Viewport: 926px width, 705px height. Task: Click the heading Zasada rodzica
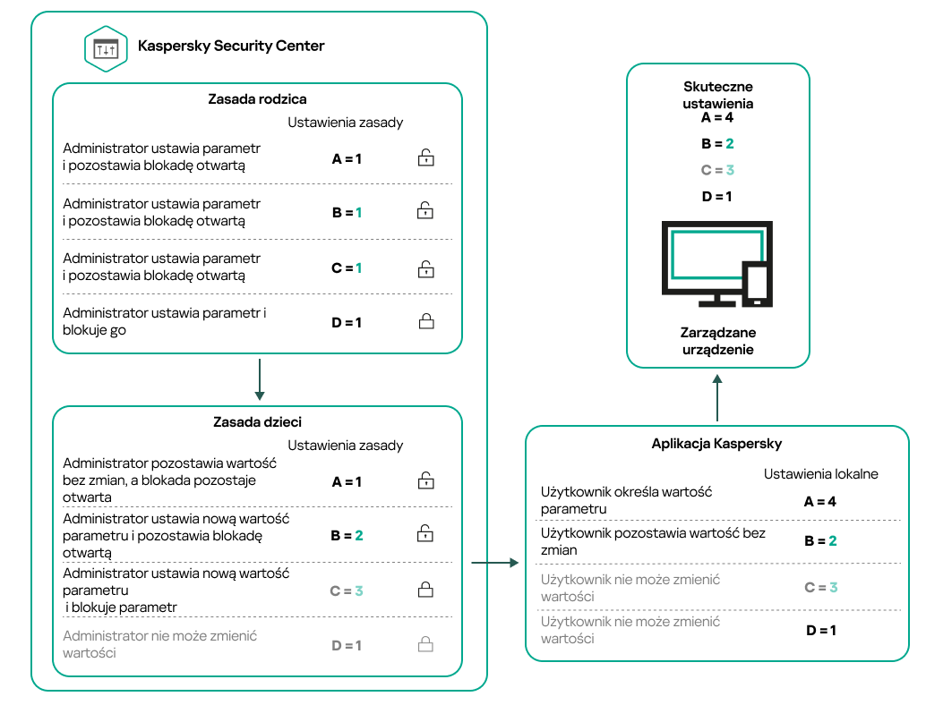click(257, 99)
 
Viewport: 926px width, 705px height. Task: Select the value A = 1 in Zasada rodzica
click(347, 159)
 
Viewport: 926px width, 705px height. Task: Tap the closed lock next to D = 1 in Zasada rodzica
click(426, 321)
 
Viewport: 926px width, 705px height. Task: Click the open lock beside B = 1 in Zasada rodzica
click(426, 212)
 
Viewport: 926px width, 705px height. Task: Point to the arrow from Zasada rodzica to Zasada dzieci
click(258, 379)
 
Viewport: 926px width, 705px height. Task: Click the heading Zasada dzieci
click(256, 422)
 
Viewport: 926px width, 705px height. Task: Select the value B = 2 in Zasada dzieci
click(347, 535)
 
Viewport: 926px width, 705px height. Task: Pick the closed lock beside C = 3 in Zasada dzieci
click(426, 590)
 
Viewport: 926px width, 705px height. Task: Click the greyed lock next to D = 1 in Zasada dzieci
click(426, 644)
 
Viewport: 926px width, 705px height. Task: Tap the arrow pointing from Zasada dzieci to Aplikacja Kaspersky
click(494, 563)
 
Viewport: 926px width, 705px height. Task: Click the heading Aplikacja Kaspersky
click(716, 444)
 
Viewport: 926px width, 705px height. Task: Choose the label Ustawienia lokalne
click(820, 473)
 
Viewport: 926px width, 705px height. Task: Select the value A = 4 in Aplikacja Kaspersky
click(819, 502)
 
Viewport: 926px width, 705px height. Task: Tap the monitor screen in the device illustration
click(716, 256)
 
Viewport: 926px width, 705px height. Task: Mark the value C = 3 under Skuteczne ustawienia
click(717, 170)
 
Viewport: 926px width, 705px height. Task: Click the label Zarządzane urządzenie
click(717, 341)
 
